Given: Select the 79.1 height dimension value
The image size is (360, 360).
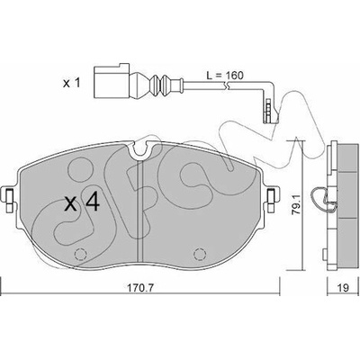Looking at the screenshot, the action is point(298,205).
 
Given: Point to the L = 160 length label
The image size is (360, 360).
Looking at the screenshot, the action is point(225,76).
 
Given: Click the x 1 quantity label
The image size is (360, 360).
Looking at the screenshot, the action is point(71,84).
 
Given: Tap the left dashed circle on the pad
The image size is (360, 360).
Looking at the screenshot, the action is point(80,255).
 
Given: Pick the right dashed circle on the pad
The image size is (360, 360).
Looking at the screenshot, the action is point(200,255).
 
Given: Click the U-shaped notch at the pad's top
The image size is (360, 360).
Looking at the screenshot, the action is point(139,150).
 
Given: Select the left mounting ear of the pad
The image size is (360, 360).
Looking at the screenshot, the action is point(8,199).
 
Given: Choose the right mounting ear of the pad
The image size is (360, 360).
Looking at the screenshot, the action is point(272,199).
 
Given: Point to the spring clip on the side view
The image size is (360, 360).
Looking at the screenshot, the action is point(321,198).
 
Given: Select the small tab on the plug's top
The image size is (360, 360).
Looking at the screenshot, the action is point(124,66).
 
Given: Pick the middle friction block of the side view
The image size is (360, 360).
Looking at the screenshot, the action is point(348,194).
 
